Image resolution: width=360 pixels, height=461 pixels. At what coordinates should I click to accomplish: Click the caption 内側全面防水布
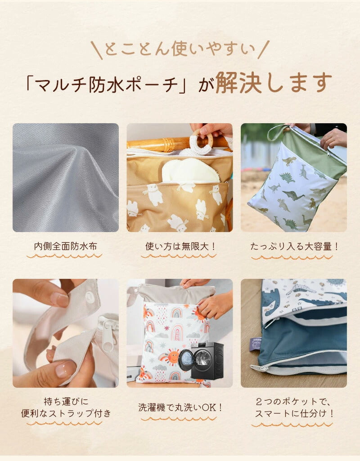click(65, 246)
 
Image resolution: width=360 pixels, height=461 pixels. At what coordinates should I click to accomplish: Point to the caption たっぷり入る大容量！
click(294, 246)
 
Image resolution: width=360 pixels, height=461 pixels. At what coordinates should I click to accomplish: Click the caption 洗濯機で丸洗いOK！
click(180, 407)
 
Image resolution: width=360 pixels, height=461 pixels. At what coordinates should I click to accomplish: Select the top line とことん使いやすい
click(180, 49)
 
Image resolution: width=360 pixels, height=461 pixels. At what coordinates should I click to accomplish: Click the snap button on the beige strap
click(91, 294)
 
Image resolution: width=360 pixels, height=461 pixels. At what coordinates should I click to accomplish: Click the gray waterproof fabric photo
click(66, 178)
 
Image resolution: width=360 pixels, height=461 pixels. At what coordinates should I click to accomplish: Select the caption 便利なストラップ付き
click(66, 413)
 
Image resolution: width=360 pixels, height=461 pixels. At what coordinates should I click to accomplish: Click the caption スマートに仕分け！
click(294, 413)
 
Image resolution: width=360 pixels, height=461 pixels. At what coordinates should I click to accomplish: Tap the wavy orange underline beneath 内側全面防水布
click(64, 256)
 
